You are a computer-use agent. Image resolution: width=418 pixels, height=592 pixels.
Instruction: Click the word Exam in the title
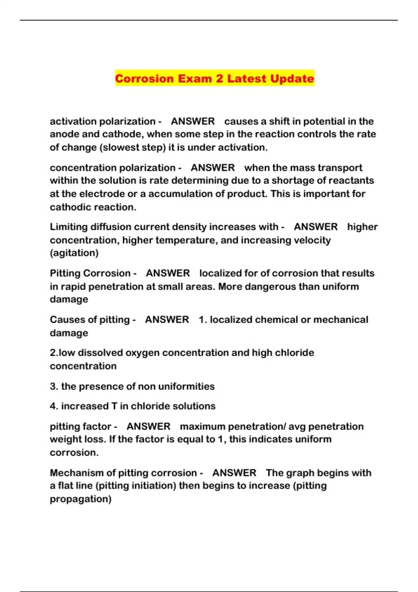[x=195, y=78]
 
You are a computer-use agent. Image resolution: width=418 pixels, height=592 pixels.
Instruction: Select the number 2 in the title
[x=219, y=78]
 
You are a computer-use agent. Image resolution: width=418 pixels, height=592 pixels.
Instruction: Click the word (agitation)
[x=74, y=253]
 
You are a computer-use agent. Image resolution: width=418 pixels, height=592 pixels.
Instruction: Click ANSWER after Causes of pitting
[x=167, y=320]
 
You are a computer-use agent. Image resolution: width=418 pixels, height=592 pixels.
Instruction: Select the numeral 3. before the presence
[x=54, y=387]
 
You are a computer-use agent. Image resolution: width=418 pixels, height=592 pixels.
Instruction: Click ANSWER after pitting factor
[x=148, y=427]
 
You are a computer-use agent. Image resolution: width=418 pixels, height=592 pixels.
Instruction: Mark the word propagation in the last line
[x=80, y=499]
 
